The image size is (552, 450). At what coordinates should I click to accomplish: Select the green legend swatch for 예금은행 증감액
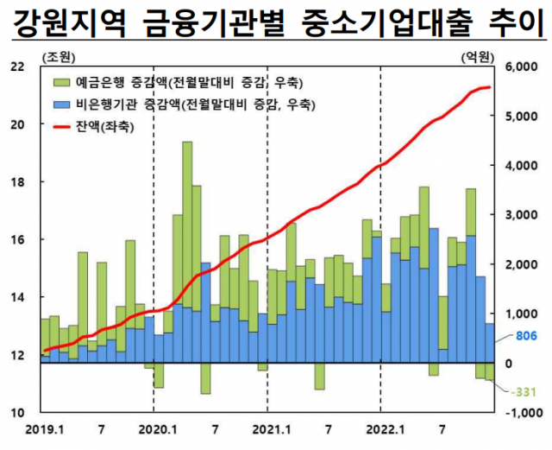coord(63,83)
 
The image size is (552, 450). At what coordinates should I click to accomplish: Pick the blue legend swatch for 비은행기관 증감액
coord(63,105)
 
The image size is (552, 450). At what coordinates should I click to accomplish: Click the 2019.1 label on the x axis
coord(45,429)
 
